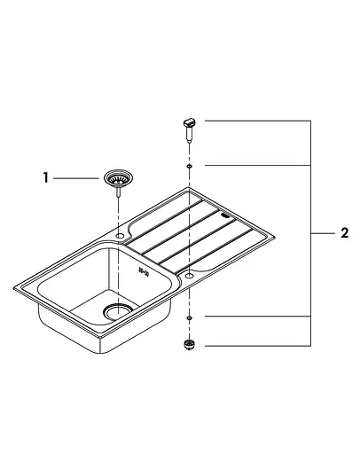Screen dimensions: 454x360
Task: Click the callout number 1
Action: (x=44, y=178)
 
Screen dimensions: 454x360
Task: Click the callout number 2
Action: (x=344, y=233)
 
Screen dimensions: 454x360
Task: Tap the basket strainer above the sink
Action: (x=117, y=179)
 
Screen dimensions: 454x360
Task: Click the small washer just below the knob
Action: (x=189, y=166)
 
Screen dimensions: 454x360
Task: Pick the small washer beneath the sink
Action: (x=189, y=317)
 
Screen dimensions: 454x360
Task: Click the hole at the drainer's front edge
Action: (x=189, y=276)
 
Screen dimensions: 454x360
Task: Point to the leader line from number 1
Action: (x=76, y=178)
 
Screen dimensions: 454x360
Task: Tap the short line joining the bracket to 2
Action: (x=320, y=233)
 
